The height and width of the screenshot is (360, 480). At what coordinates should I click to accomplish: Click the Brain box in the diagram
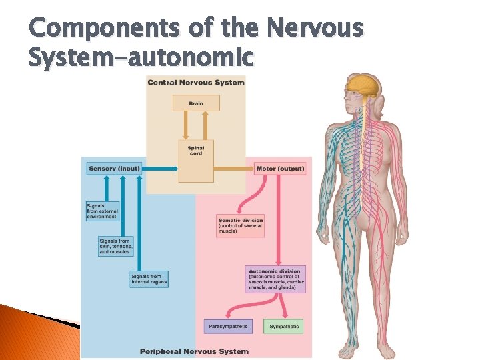tap(196, 103)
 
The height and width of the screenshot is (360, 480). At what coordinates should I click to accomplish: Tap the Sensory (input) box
tap(114, 169)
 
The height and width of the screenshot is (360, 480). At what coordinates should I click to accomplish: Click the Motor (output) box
tap(280, 169)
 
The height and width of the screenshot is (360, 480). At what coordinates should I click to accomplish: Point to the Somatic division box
tap(241, 226)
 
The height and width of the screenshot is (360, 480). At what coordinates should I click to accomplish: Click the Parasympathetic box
tap(228, 327)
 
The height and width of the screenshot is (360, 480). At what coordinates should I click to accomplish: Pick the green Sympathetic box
tap(284, 327)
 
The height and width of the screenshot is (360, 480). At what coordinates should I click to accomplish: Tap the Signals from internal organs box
tap(149, 279)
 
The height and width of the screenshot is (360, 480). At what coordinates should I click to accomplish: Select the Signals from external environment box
tap(102, 211)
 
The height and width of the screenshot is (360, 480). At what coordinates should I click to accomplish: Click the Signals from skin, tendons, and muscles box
tap(115, 246)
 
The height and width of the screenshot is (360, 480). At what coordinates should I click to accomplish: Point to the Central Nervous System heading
tap(196, 82)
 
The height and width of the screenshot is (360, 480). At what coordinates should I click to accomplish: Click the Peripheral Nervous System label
tap(194, 351)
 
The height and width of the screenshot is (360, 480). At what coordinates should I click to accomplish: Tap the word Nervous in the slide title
tap(315, 29)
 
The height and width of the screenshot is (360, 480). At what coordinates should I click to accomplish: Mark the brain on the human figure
tap(363, 85)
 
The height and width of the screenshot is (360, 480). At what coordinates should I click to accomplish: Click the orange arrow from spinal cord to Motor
tap(233, 169)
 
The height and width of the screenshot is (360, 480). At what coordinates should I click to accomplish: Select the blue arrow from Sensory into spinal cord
tap(160, 169)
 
